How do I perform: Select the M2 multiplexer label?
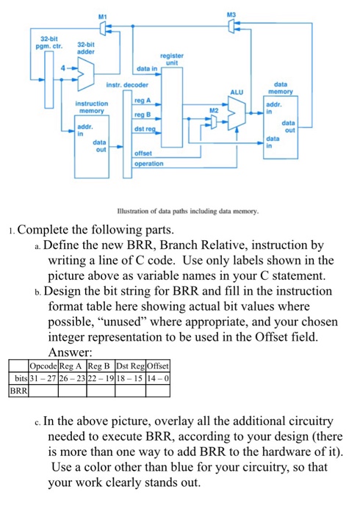[214, 109]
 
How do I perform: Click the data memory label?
[282, 88]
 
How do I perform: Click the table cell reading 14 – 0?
[158, 378]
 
